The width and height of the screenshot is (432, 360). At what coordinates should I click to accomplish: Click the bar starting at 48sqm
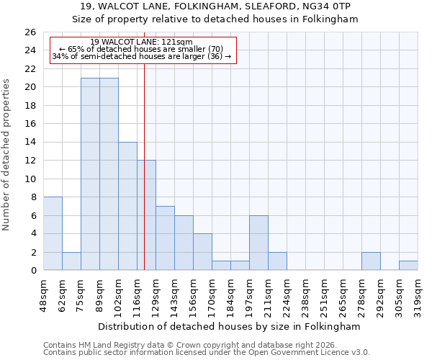click(x=53, y=233)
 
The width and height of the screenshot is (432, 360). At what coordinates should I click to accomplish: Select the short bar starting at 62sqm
click(x=71, y=261)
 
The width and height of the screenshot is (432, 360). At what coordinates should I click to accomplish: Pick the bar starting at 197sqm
click(x=258, y=243)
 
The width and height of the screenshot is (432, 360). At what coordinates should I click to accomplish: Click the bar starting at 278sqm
click(x=371, y=261)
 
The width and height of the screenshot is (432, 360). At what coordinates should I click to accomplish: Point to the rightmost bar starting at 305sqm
click(x=408, y=265)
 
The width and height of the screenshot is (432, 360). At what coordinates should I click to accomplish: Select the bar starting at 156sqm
click(x=202, y=251)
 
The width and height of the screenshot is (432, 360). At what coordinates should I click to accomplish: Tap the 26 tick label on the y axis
click(x=30, y=32)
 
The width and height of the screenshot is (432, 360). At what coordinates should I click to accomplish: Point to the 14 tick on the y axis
click(x=30, y=143)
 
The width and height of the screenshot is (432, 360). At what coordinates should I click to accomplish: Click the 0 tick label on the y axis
click(x=32, y=271)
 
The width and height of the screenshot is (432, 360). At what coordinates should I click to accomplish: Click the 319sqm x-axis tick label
click(x=418, y=293)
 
